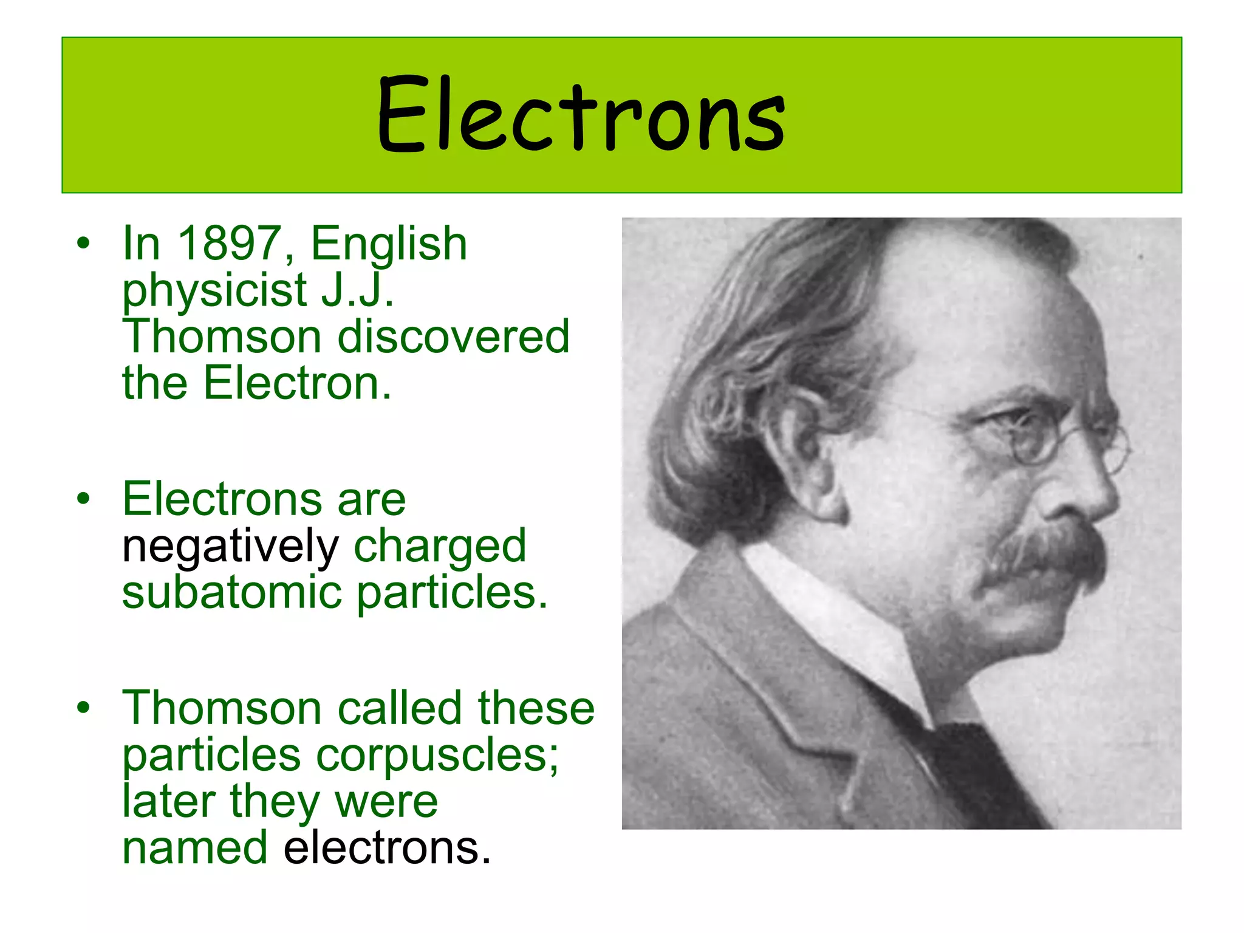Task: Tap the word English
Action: [x=389, y=244]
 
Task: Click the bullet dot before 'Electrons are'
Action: [x=83, y=499]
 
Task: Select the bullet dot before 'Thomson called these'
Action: [x=83, y=708]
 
